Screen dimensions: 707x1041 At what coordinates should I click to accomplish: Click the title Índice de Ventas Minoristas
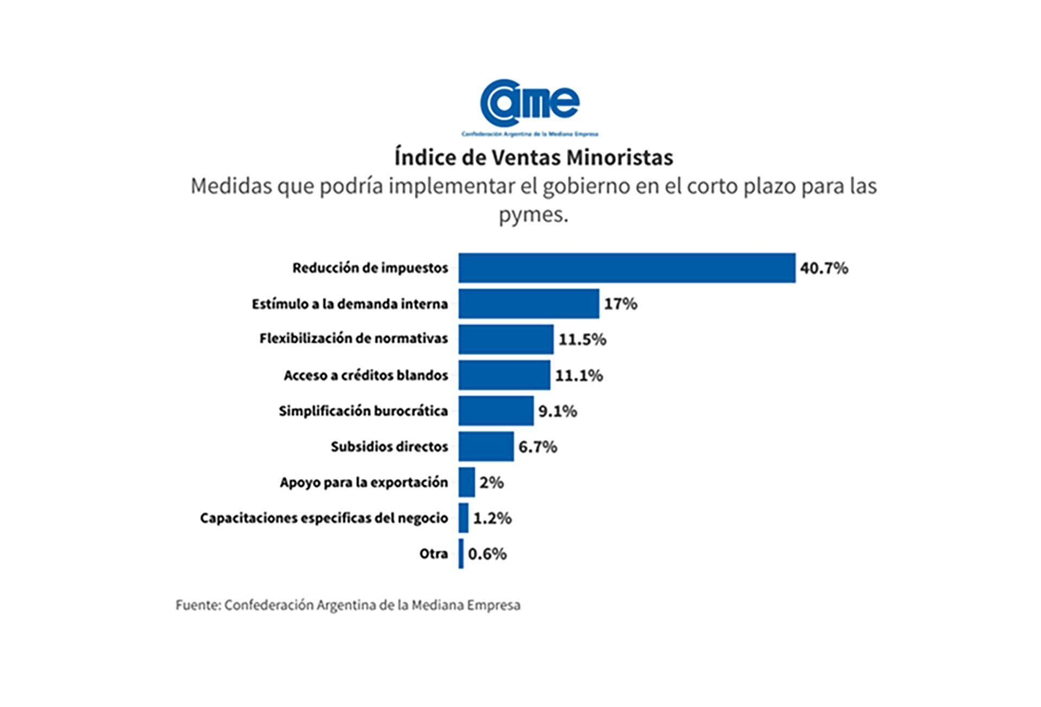coord(534,158)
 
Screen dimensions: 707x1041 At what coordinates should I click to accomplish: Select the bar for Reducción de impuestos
coord(627,268)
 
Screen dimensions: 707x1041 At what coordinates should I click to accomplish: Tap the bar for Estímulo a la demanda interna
coord(529,304)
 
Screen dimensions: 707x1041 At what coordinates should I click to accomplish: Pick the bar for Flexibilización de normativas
coord(506,339)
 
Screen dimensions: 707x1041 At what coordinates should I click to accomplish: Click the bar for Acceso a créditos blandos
coord(504,375)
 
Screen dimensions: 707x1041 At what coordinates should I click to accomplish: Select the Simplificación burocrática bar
coord(496,411)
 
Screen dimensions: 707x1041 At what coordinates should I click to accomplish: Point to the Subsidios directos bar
coord(486,447)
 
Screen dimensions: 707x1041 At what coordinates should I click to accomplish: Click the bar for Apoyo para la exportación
coord(466,483)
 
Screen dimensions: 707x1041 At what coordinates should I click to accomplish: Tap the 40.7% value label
coord(824,268)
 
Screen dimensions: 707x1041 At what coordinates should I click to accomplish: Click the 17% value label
coord(621,304)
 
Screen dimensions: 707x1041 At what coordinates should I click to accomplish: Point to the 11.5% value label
coord(582,339)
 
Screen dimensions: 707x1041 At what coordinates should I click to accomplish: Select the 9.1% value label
coord(557,411)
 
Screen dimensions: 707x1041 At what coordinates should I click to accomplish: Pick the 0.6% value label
coord(487,554)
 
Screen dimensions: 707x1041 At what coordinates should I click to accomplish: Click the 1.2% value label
coord(492,518)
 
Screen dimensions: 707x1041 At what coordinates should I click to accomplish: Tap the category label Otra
coord(434,554)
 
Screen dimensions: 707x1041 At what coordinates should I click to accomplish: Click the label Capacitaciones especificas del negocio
coord(324,518)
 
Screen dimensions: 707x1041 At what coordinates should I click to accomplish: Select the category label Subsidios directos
coord(389,447)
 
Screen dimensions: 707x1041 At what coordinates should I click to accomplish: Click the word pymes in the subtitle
coord(533,215)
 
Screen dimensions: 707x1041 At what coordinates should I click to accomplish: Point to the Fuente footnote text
coord(348,605)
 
